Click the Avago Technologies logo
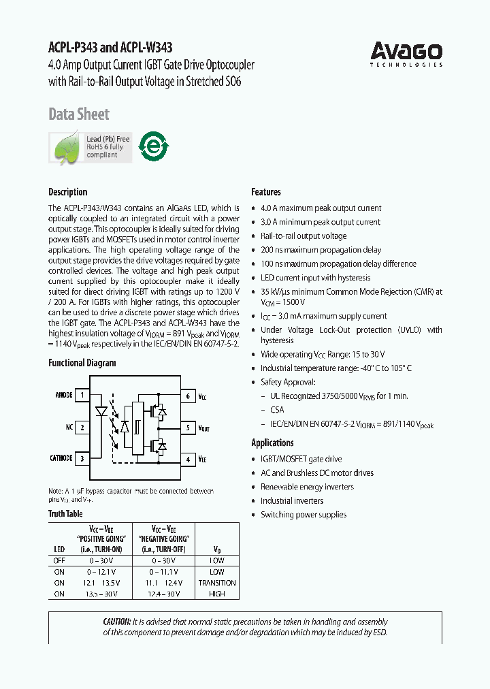point(406,54)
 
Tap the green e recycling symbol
point(154,145)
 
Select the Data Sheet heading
point(79,114)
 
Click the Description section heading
point(68,192)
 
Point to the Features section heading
point(266,192)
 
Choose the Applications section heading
point(273,443)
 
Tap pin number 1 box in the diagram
point(82,395)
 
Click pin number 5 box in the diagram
point(188,428)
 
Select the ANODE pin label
point(63,395)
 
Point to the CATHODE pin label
point(61,458)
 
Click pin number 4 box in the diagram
point(188,460)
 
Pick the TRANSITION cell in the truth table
point(217,583)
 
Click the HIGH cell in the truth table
point(217,594)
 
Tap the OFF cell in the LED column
point(59,561)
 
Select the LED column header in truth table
point(59,549)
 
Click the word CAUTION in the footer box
point(116,622)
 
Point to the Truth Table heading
point(65,514)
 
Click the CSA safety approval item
point(277,410)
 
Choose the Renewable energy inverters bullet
point(307,487)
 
